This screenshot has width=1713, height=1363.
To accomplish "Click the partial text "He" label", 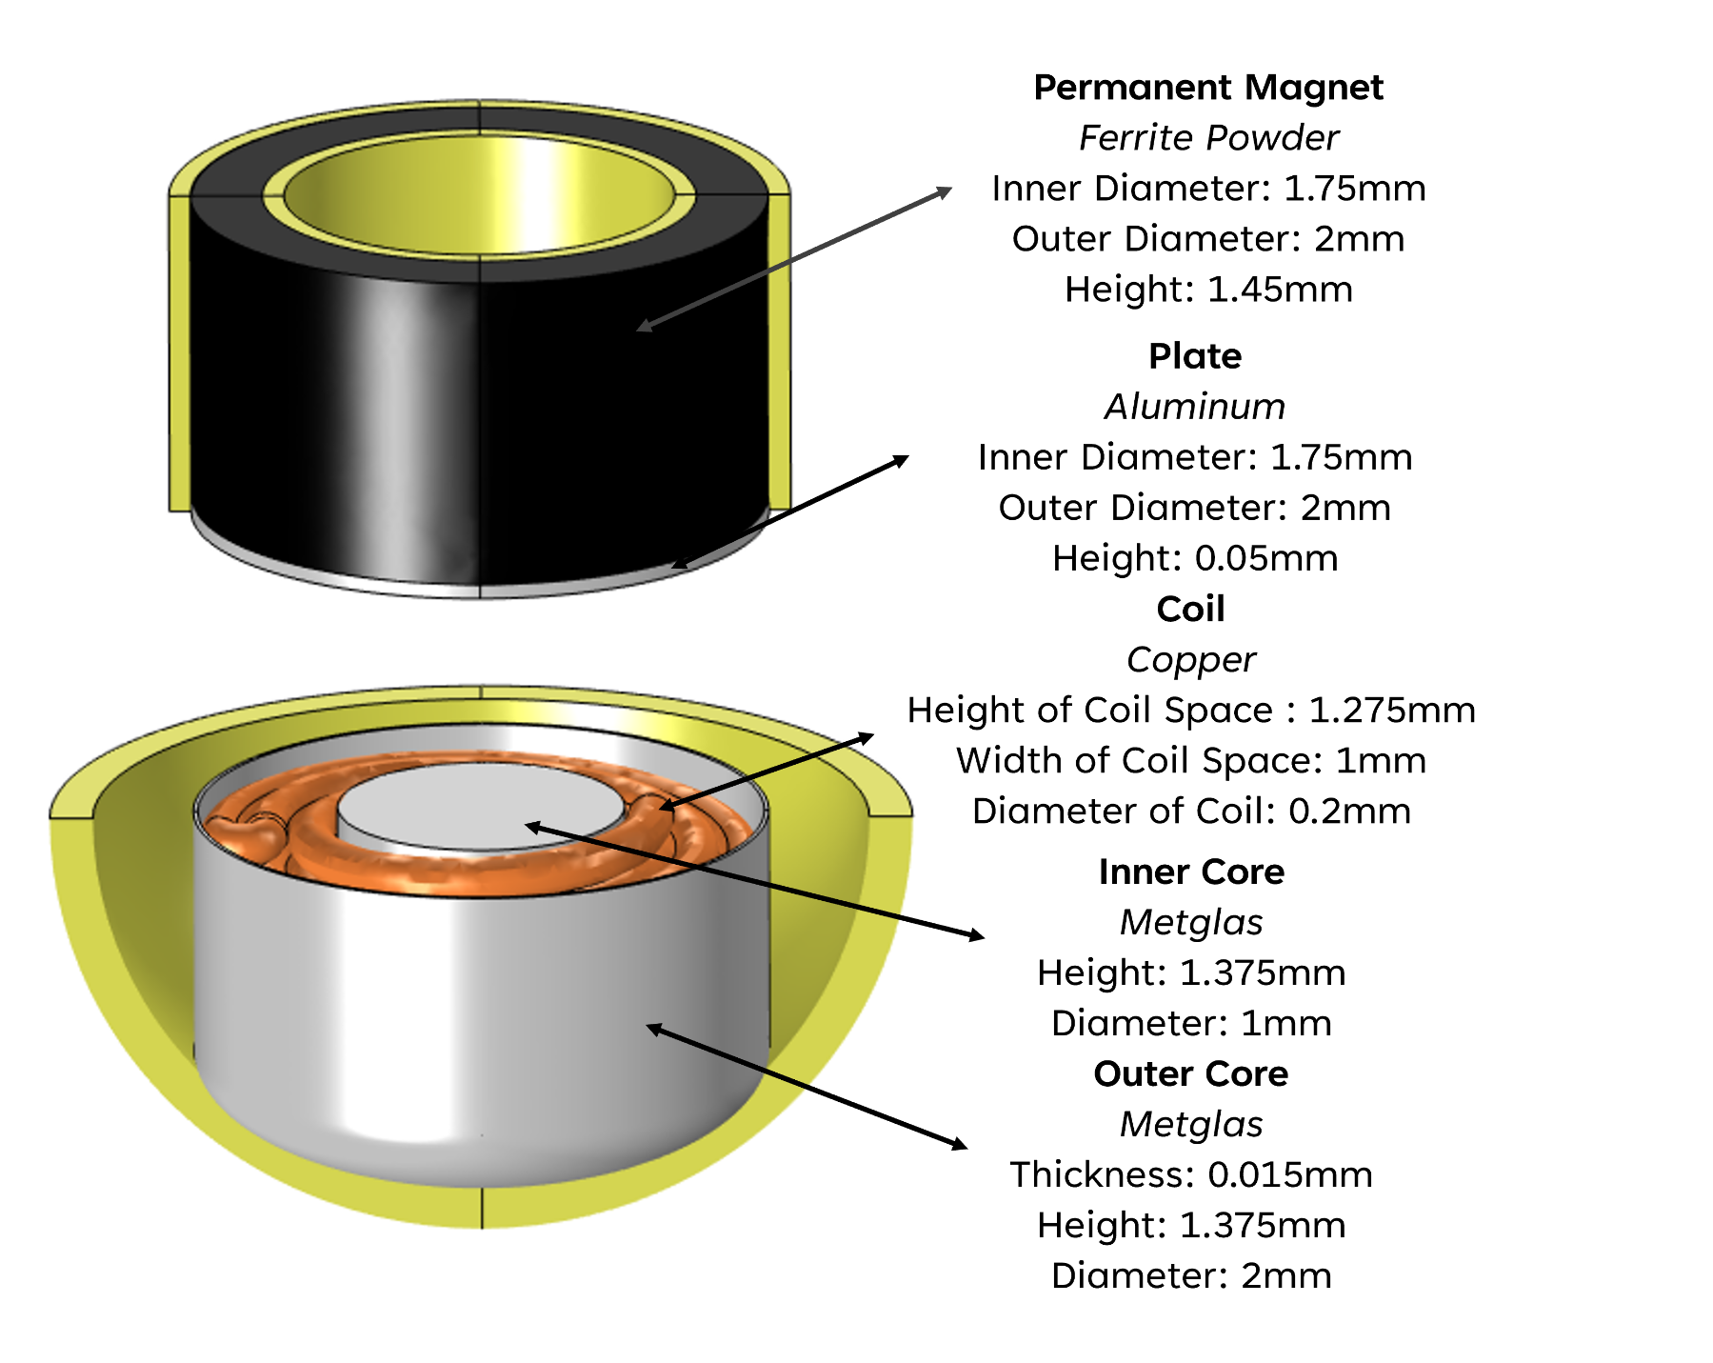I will point(930,711).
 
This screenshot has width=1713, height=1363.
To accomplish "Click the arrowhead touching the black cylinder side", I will point(640,329).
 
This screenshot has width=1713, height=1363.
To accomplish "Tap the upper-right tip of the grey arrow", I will point(948,190).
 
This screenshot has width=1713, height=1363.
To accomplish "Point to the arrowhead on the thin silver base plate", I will point(675,567).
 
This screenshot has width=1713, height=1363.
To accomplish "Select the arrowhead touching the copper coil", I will point(664,809).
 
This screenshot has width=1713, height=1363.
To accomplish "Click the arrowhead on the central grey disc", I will point(529,826).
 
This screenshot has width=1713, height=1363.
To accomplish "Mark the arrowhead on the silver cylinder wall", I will point(650,1027).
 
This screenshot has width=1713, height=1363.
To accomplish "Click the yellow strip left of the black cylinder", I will point(179,352).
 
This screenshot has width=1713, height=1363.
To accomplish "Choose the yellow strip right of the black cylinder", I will point(780,352).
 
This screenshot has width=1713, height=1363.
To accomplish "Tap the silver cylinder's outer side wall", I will point(428,1029).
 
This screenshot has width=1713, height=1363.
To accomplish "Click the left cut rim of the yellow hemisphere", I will point(72,806).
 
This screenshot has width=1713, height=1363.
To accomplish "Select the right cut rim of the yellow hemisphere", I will point(890,806).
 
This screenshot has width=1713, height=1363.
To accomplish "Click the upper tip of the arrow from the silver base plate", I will point(906,458).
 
